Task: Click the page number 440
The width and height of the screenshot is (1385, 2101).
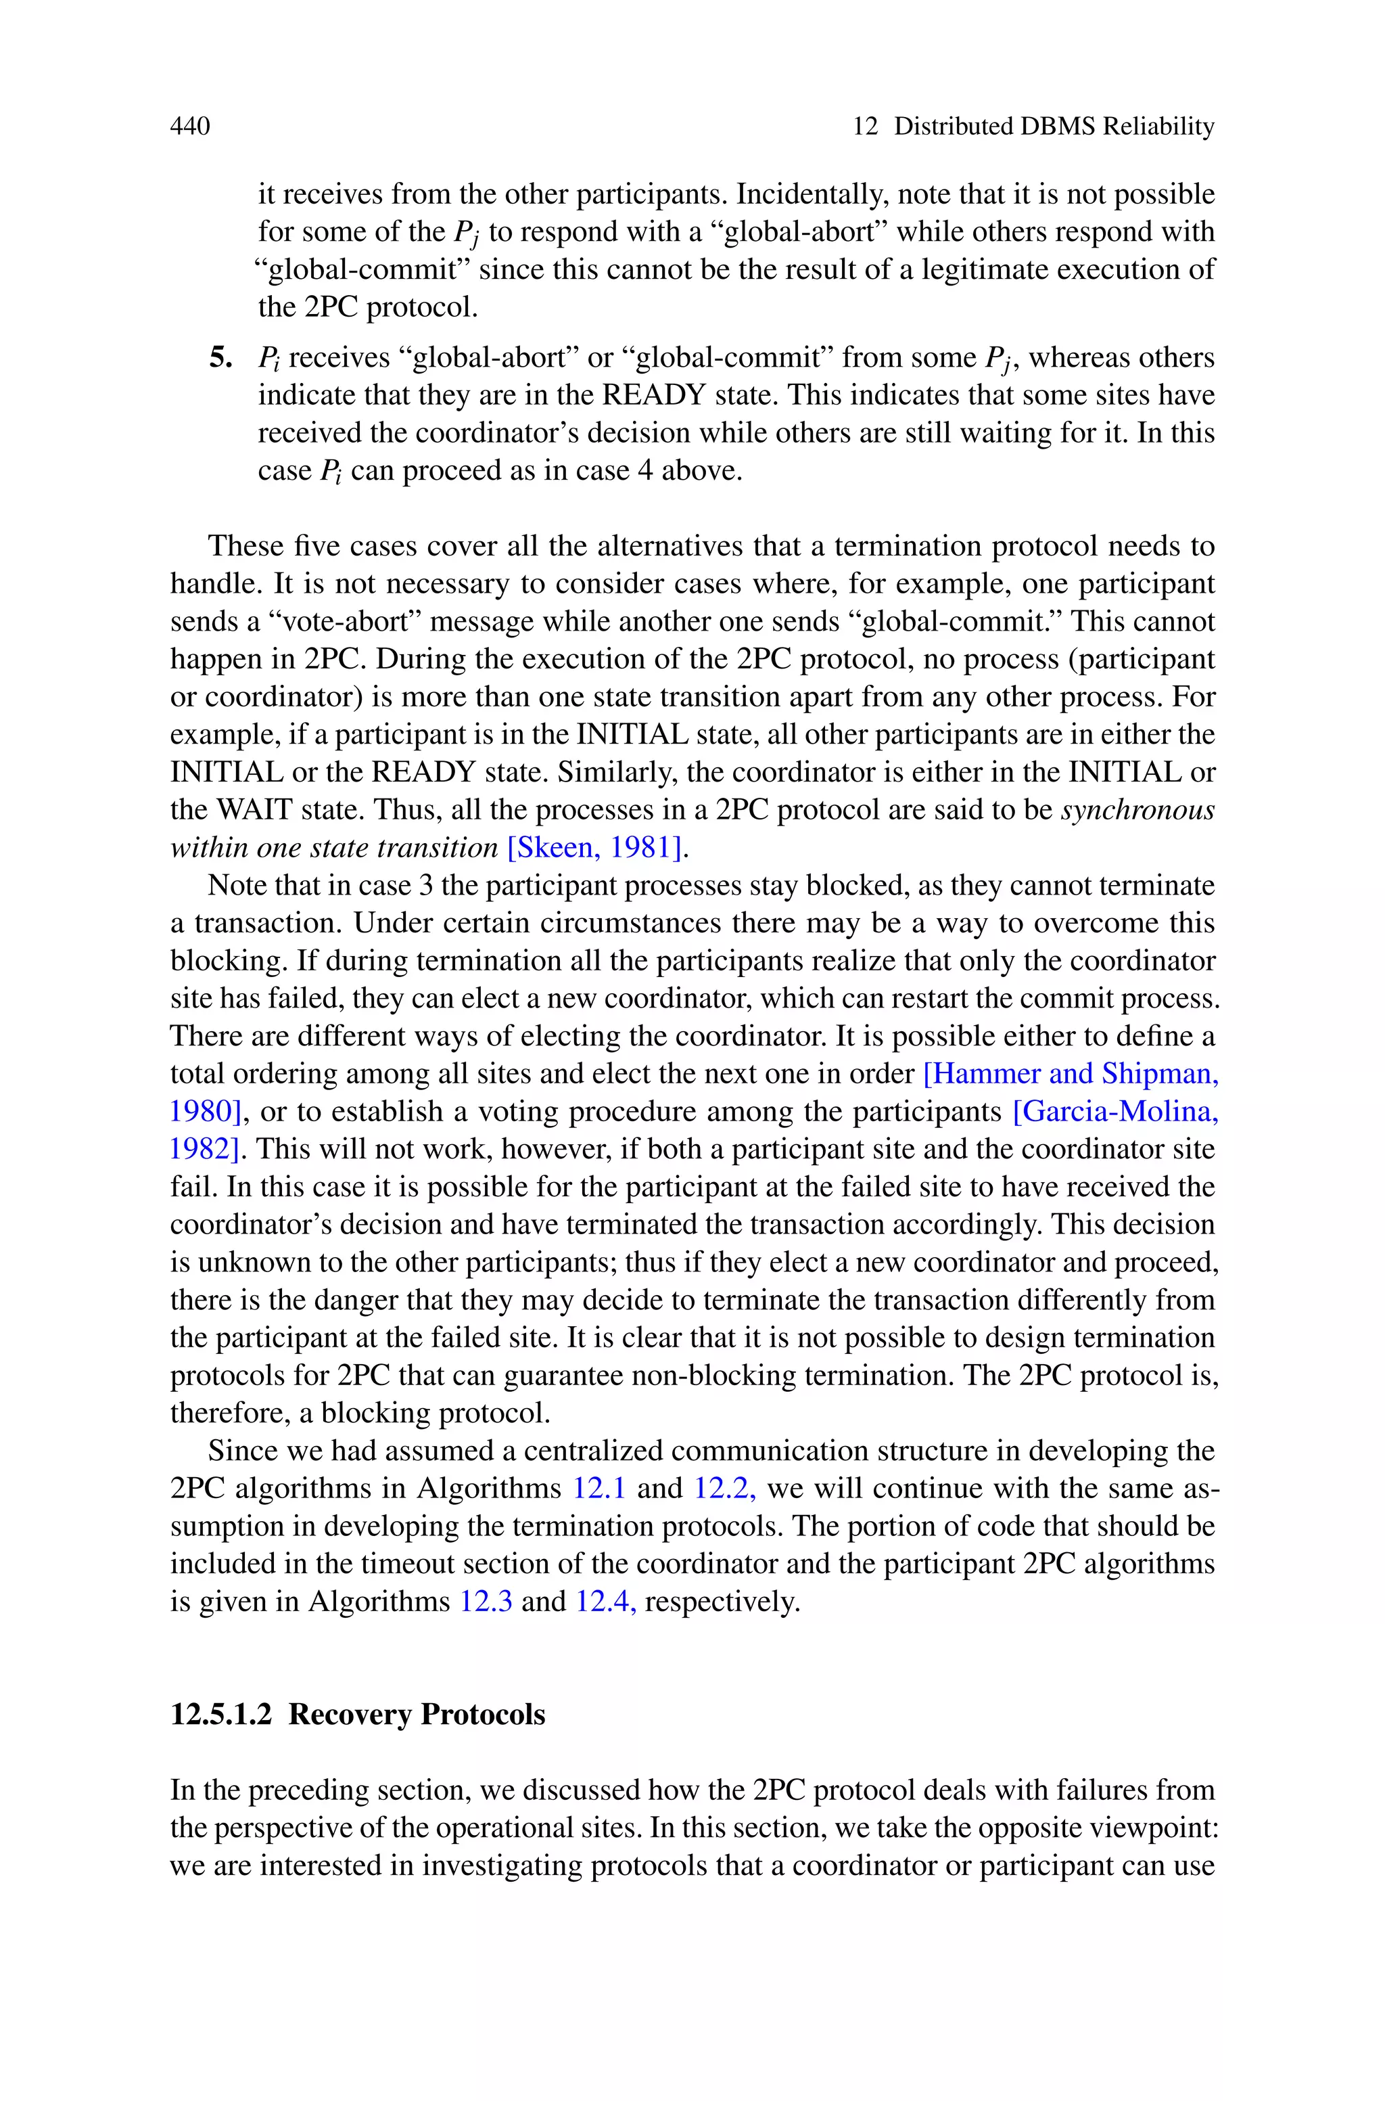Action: (x=190, y=127)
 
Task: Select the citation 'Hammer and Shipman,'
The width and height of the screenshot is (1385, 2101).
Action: (x=1071, y=1073)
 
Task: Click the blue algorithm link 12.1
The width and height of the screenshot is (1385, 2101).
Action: (x=599, y=1489)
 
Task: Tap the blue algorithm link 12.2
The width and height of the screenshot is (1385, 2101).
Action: (x=724, y=1489)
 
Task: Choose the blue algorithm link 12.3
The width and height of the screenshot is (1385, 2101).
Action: (x=485, y=1602)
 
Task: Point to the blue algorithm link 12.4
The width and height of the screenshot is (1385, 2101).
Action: (x=605, y=1602)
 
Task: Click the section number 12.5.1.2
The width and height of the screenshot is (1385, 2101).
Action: (x=221, y=1715)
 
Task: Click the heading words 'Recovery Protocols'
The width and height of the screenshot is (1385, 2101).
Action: (x=417, y=1715)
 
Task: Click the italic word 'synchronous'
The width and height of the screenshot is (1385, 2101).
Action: (x=1137, y=810)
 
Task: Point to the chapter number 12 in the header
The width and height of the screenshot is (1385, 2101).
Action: (x=865, y=127)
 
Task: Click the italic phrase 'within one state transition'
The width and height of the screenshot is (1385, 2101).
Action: (x=334, y=847)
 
